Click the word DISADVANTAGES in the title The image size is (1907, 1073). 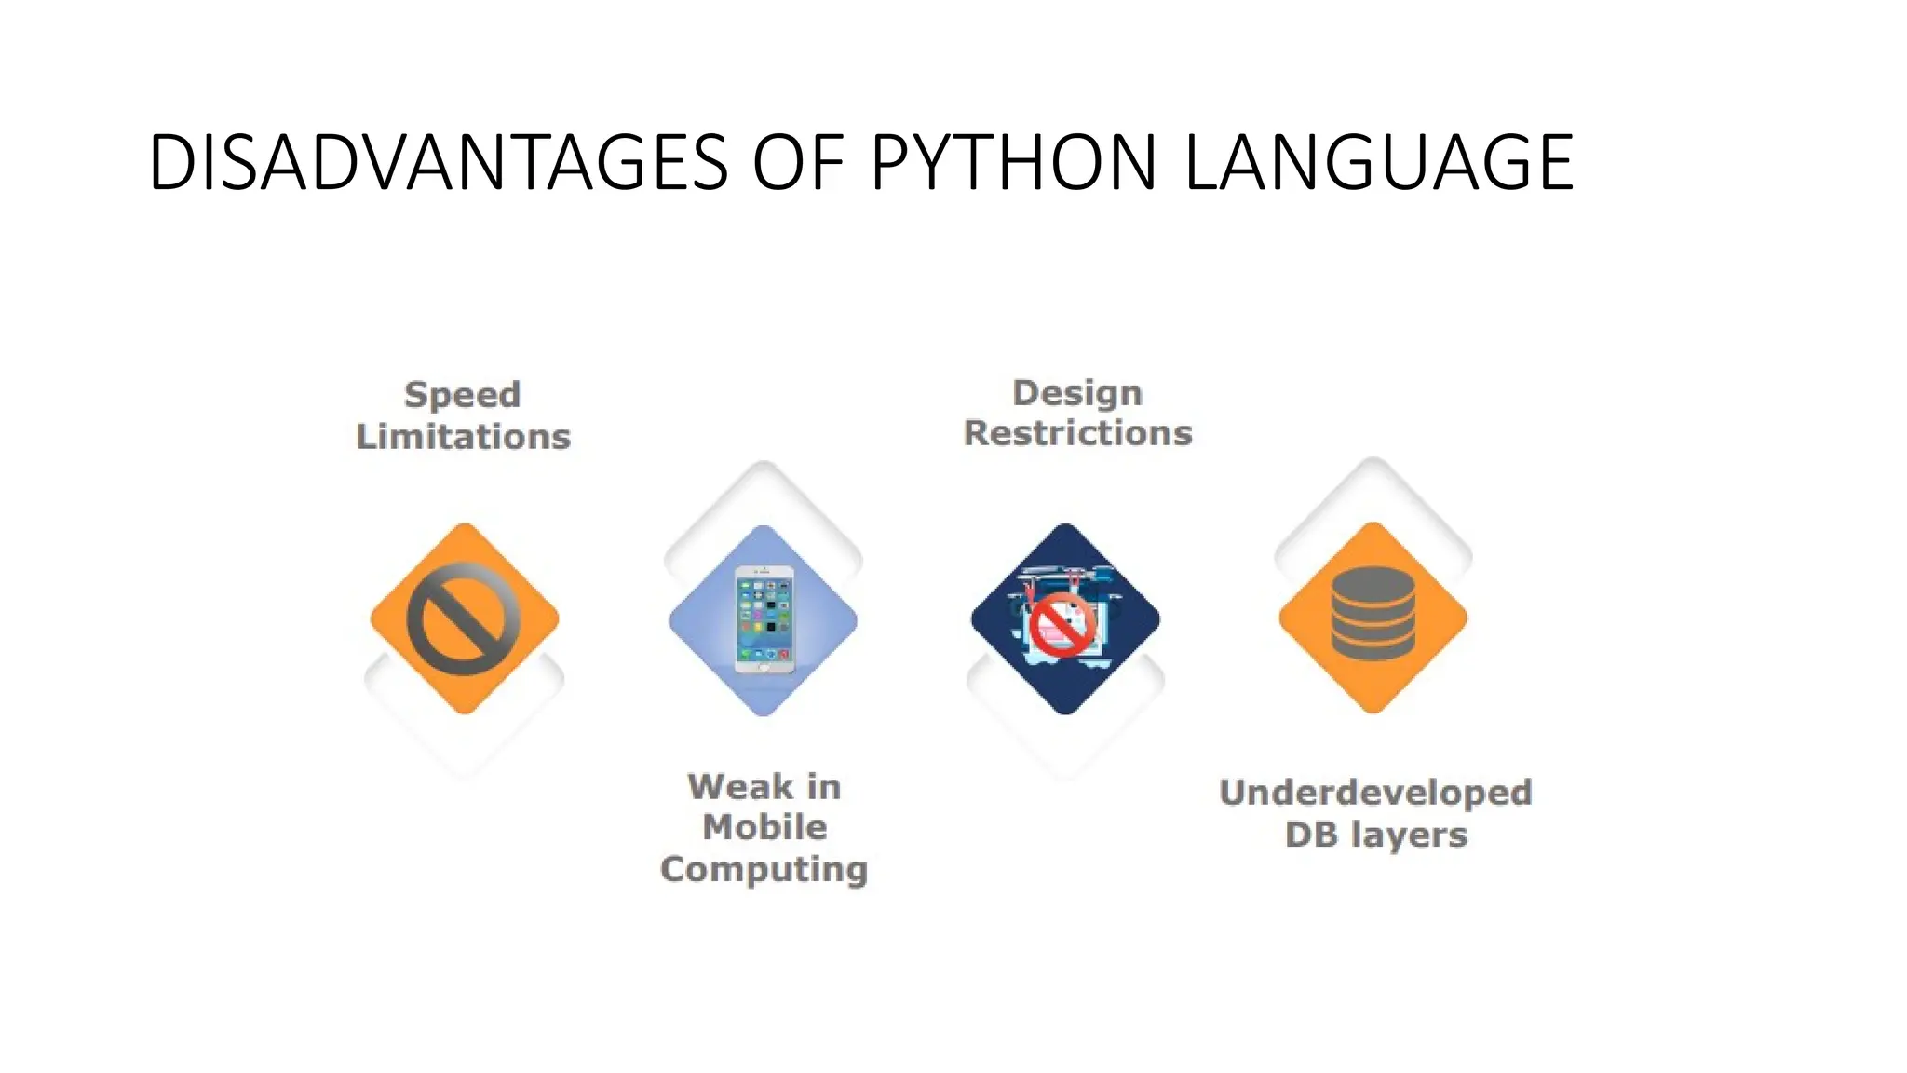438,163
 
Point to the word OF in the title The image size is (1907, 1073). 798,163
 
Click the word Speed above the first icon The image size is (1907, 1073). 462,395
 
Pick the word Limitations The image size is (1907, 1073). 463,437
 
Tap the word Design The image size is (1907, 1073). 1077,393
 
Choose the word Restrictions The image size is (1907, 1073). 1077,433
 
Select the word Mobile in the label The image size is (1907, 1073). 764,827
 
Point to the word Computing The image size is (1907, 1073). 764,870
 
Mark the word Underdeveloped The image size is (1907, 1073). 1375,793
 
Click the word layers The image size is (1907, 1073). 1409,835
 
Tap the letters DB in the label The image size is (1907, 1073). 1311,835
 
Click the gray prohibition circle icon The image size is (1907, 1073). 464,618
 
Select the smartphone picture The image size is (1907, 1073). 764,619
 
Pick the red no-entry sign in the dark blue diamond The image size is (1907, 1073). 1062,626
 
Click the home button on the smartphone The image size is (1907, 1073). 764,666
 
